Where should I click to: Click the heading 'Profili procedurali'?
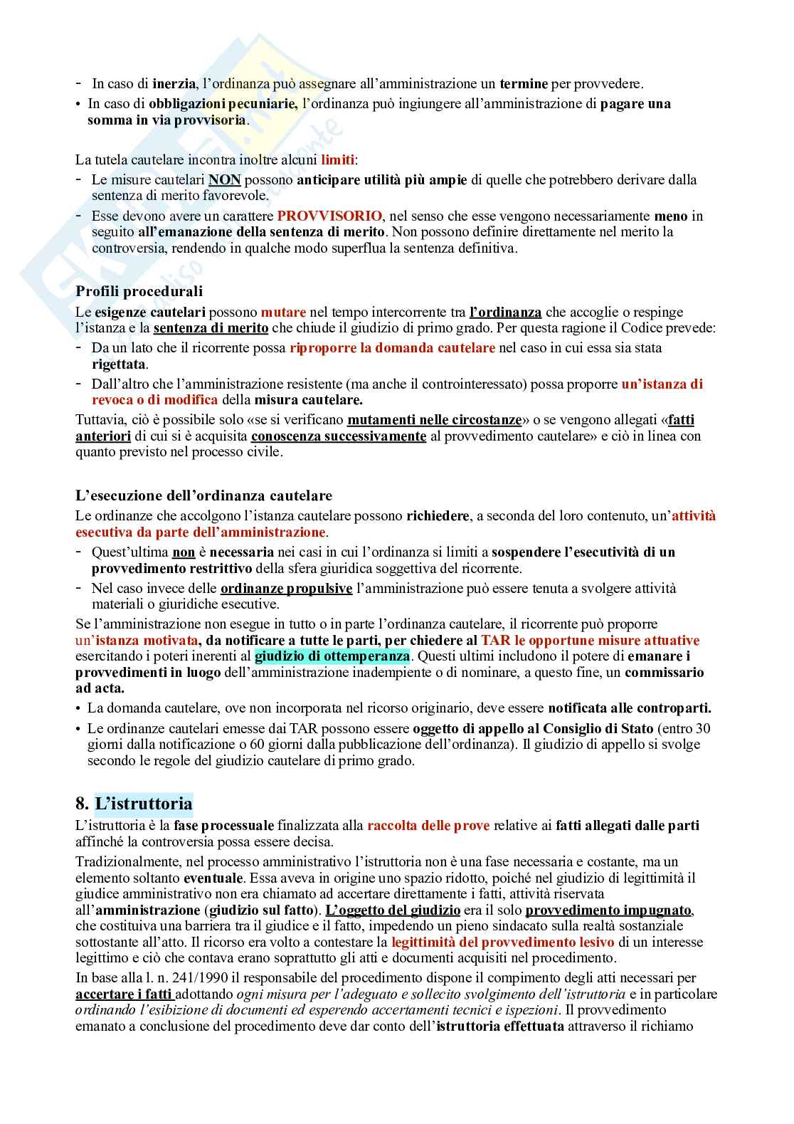139,291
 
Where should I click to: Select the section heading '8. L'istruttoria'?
134,804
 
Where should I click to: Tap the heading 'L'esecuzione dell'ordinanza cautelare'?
203,495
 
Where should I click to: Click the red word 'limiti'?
337,159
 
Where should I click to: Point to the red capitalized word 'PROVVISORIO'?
329,216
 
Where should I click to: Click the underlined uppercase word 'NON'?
224,179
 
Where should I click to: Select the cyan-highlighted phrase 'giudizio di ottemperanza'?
332,656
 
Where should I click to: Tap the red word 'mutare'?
283,312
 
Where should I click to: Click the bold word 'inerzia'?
174,83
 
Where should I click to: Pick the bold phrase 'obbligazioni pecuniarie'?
223,103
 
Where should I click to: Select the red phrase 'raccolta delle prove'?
428,826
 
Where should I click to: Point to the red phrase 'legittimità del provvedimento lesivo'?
503,942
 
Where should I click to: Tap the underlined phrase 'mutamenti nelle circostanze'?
434,420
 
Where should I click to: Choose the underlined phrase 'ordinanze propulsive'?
286,588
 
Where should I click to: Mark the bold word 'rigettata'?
119,364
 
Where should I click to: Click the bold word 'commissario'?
665,673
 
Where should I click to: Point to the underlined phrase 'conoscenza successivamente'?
339,436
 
